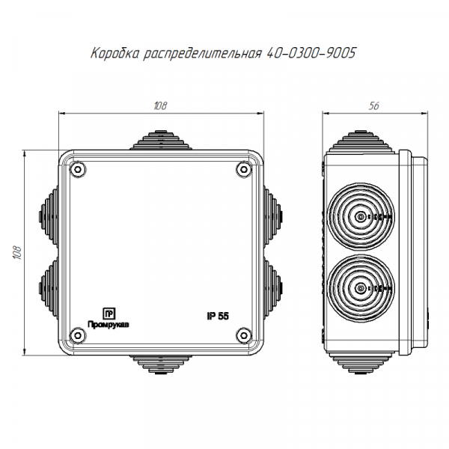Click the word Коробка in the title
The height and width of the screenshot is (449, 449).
115,53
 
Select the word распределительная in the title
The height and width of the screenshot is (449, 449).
203,54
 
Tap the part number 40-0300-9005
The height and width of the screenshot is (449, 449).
311,53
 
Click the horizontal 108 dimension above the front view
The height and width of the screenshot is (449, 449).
160,106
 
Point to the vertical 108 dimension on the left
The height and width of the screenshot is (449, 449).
17,253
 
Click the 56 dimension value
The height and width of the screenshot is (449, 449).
374,106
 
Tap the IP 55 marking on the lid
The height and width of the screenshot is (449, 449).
218,316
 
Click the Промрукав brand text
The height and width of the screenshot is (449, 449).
109,325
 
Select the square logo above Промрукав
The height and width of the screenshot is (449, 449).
109,314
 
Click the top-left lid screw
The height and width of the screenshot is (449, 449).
78,170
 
